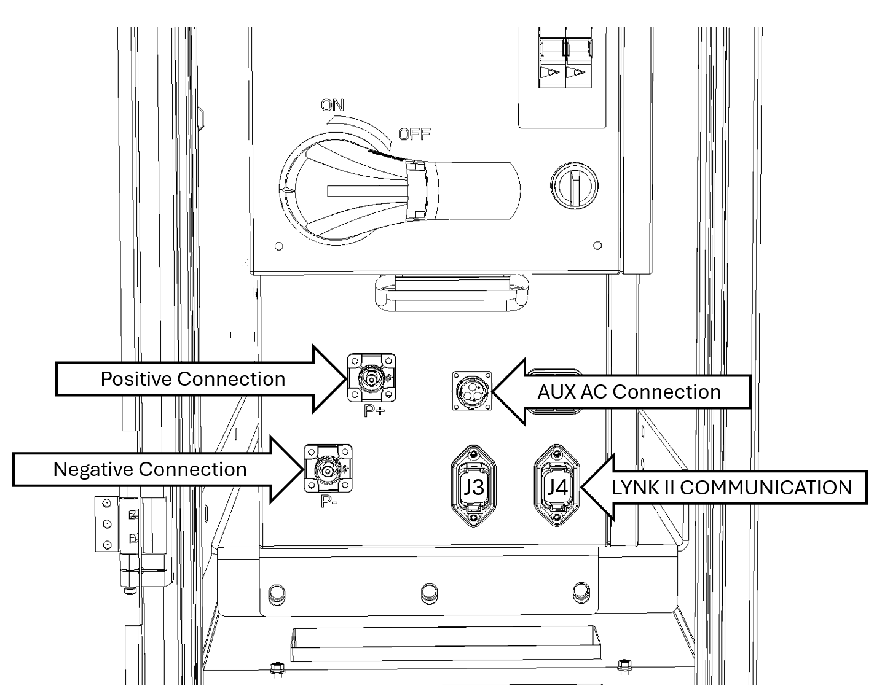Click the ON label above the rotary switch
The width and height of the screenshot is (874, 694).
tap(333, 105)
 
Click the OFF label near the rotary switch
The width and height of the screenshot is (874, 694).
tap(414, 133)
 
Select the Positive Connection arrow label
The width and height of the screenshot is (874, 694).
tap(193, 378)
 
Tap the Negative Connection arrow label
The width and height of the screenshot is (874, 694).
tap(150, 469)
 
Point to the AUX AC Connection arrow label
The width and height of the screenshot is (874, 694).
tap(629, 392)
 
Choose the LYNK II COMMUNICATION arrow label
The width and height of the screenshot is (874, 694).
tap(731, 488)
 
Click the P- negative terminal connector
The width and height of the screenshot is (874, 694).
tap(328, 469)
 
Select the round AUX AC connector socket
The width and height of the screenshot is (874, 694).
tap(472, 391)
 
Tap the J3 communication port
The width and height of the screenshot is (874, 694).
tap(473, 486)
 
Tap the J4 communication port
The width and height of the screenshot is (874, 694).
tap(557, 486)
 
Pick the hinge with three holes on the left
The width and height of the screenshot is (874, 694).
tap(107, 523)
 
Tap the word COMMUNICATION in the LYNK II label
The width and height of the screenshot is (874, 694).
tap(766, 488)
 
